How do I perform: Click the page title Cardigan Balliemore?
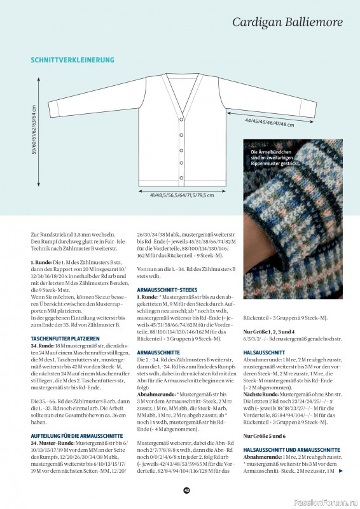click(x=287, y=22)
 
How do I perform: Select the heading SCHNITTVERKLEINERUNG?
click(x=73, y=60)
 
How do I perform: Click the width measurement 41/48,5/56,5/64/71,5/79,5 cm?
click(x=181, y=195)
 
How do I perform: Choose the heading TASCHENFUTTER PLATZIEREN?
click(x=65, y=338)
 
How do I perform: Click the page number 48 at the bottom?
click(x=186, y=490)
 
